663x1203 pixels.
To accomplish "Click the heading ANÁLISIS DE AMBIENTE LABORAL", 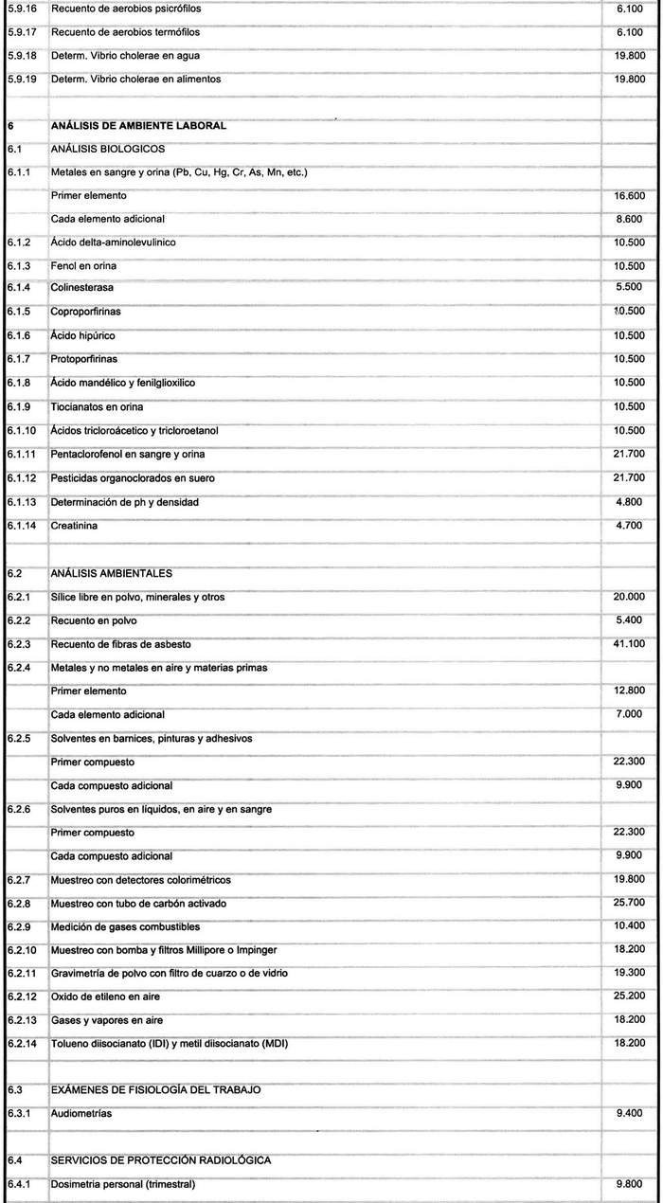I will tap(137, 125).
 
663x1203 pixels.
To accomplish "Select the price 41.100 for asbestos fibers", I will tap(629, 644).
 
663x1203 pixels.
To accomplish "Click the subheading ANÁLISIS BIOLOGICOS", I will tap(108, 149).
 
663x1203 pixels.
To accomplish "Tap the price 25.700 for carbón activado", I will tap(629, 902).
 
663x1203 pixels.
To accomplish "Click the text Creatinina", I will tap(75, 525).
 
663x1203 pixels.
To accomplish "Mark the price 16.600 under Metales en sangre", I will tap(629, 196).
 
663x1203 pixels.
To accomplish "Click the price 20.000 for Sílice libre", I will tap(629, 597).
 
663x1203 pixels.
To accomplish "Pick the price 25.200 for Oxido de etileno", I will tap(629, 996).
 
